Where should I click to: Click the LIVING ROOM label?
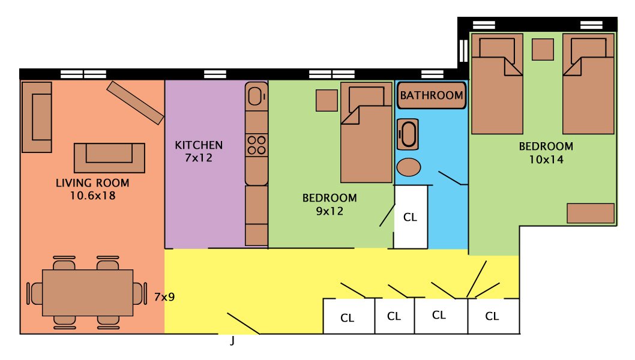click(x=92, y=183)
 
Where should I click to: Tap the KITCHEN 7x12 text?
click(x=199, y=151)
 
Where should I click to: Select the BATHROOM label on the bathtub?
click(x=432, y=95)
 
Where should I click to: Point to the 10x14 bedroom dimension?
click(x=546, y=160)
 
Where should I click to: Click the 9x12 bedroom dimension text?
click(x=329, y=211)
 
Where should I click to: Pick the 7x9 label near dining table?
click(x=164, y=296)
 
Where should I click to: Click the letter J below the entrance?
click(x=232, y=342)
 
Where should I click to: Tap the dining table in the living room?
click(x=88, y=293)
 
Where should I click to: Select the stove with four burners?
click(x=256, y=145)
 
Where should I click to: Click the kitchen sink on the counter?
click(x=256, y=96)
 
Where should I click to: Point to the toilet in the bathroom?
click(x=409, y=134)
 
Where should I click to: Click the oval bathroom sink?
click(x=409, y=166)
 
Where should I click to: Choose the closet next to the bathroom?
click(x=411, y=217)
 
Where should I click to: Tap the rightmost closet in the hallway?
click(x=493, y=316)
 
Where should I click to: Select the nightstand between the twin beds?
click(x=543, y=49)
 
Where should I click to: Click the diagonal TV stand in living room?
click(x=135, y=103)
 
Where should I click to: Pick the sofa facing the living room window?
click(x=109, y=158)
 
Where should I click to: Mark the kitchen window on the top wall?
click(x=215, y=74)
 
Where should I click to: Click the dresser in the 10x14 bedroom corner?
click(x=591, y=213)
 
